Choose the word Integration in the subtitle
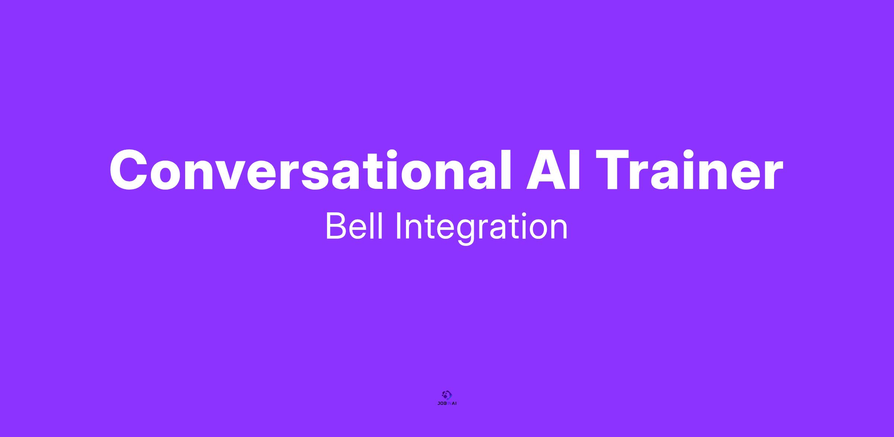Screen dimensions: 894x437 [x=482, y=228]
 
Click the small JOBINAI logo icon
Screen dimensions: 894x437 [x=447, y=395]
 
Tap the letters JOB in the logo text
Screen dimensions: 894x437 [x=441, y=403]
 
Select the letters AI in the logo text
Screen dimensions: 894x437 [x=454, y=403]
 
